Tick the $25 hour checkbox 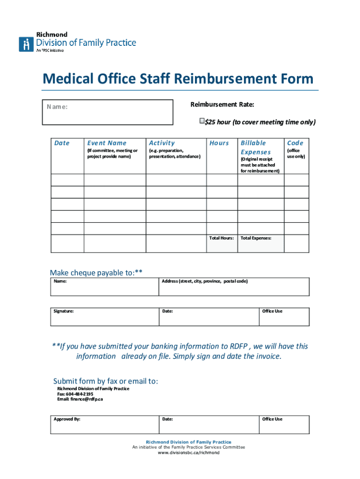coord(202,122)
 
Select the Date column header coord(62,143)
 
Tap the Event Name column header coord(107,143)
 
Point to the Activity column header coord(162,143)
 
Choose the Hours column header coord(219,143)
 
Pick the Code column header coord(295,143)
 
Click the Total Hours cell coord(222,243)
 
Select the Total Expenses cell coord(260,243)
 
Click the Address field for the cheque coord(234,286)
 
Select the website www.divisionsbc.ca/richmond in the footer coord(188,453)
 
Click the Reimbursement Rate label coord(222,104)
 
